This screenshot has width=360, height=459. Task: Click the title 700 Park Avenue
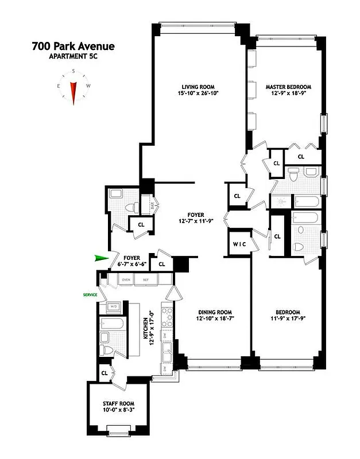(x=73, y=46)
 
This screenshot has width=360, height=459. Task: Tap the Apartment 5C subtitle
(x=73, y=56)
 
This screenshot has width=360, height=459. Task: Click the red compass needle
(x=73, y=92)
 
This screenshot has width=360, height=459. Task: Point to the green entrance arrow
(x=102, y=259)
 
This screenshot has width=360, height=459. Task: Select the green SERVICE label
(x=89, y=295)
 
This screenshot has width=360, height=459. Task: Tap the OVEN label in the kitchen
(x=125, y=280)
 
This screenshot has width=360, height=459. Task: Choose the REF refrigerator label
(x=146, y=280)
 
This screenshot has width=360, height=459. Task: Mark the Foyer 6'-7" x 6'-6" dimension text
(x=132, y=264)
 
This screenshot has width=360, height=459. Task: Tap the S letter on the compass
(x=73, y=72)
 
